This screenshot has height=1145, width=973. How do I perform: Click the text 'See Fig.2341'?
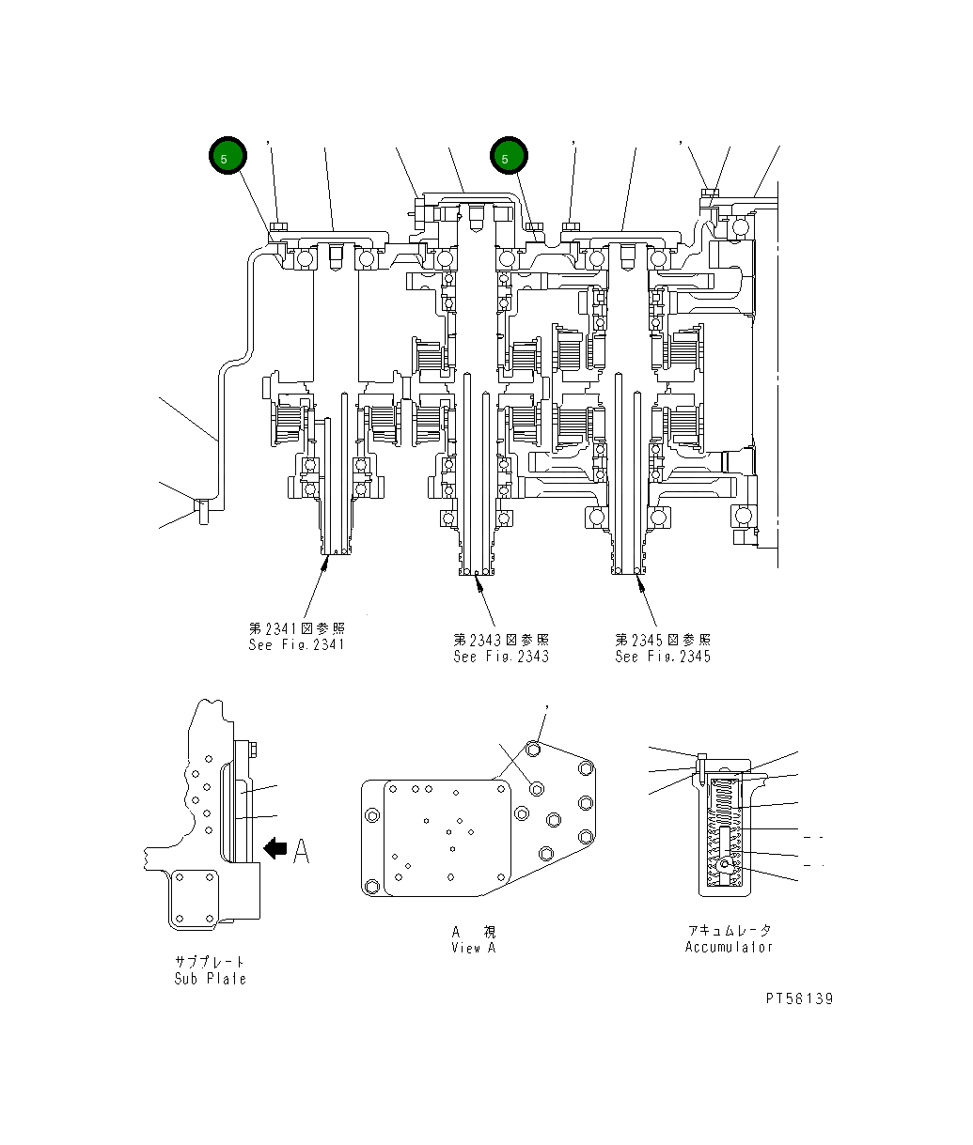(296, 645)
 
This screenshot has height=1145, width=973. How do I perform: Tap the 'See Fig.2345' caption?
(663, 657)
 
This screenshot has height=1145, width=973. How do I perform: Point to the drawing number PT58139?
(798, 998)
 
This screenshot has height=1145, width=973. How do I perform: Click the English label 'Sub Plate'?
(210, 979)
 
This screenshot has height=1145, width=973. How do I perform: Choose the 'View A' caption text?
(473, 948)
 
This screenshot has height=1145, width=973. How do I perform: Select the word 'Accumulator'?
(729, 947)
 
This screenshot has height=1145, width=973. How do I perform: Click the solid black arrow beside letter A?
(275, 849)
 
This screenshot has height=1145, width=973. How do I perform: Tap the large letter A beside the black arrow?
(301, 850)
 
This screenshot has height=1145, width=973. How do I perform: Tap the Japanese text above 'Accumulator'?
(729, 930)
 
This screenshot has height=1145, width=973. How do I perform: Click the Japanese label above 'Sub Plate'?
(210, 962)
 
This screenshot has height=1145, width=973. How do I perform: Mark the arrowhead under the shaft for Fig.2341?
(326, 563)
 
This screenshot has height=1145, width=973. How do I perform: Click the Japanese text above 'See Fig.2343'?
(500, 640)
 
